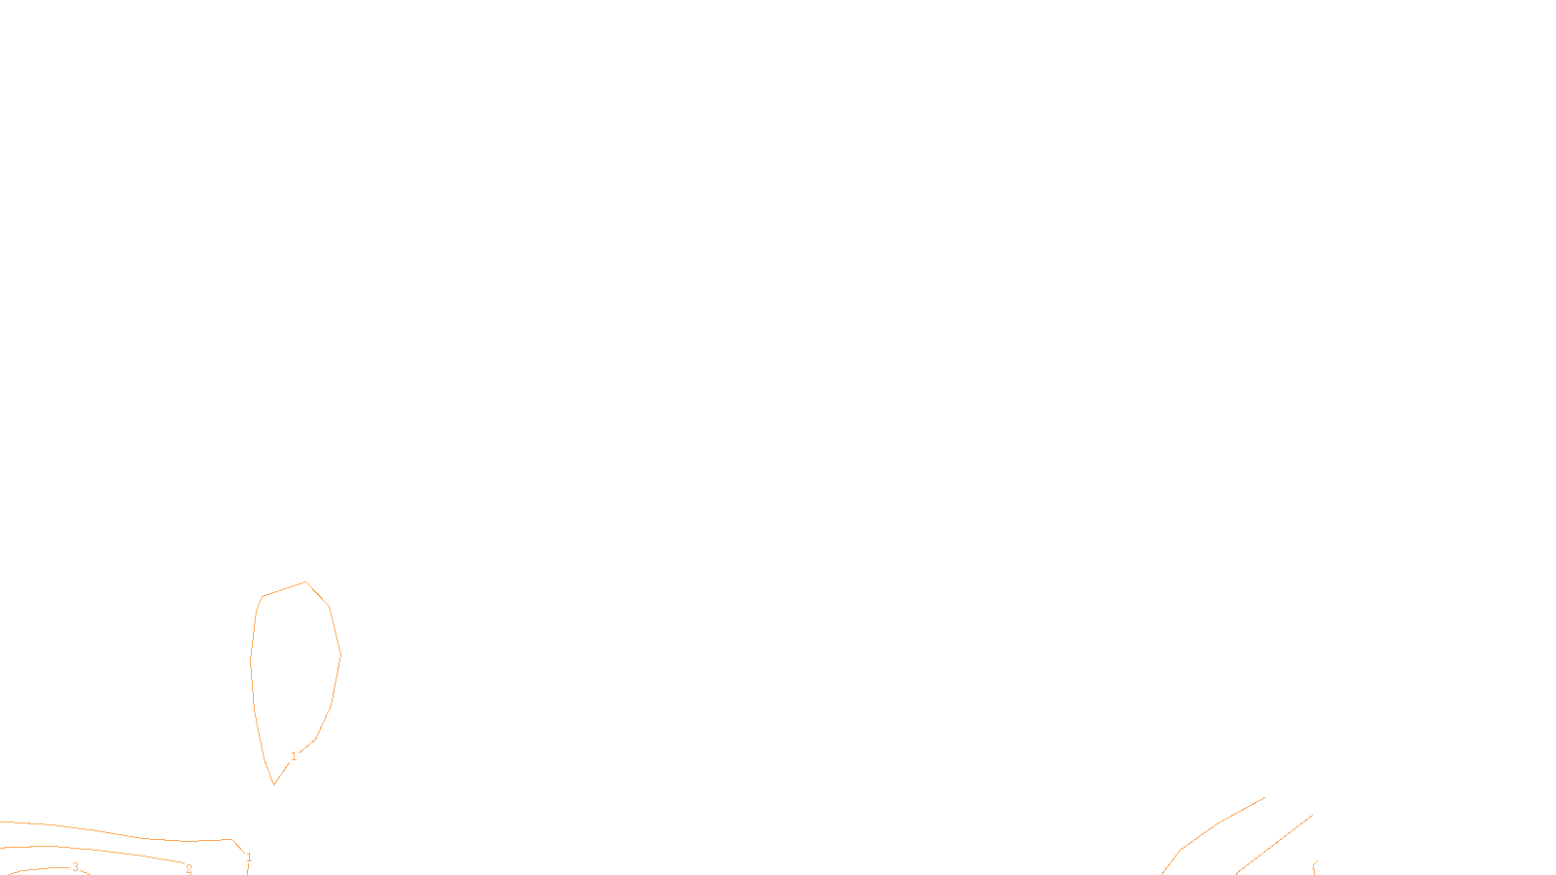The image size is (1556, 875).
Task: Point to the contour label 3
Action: pyautogui.click(x=75, y=867)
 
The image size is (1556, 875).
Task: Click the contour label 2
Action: pyautogui.click(x=189, y=869)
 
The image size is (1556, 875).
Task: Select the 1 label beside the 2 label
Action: pyautogui.click(x=249, y=857)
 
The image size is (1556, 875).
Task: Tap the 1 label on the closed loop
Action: pyautogui.click(x=294, y=756)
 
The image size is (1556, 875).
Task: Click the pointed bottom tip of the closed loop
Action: pyautogui.click(x=274, y=784)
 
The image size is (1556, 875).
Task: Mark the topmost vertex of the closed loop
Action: pyautogui.click(x=306, y=582)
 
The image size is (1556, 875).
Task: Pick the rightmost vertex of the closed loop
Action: pyautogui.click(x=340, y=654)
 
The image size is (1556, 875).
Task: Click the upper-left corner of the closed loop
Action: pyautogui.click(x=263, y=597)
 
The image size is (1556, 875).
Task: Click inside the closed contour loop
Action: pyautogui.click(x=295, y=671)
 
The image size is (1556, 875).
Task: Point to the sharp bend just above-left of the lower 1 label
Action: pyautogui.click(x=232, y=840)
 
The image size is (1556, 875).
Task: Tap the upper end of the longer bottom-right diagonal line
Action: pyautogui.click(x=1264, y=798)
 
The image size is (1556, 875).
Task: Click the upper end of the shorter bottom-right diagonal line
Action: pyautogui.click(x=1312, y=816)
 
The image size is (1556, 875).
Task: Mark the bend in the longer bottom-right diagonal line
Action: pyautogui.click(x=1182, y=850)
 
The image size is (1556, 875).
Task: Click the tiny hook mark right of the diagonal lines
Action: pyautogui.click(x=1315, y=864)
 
